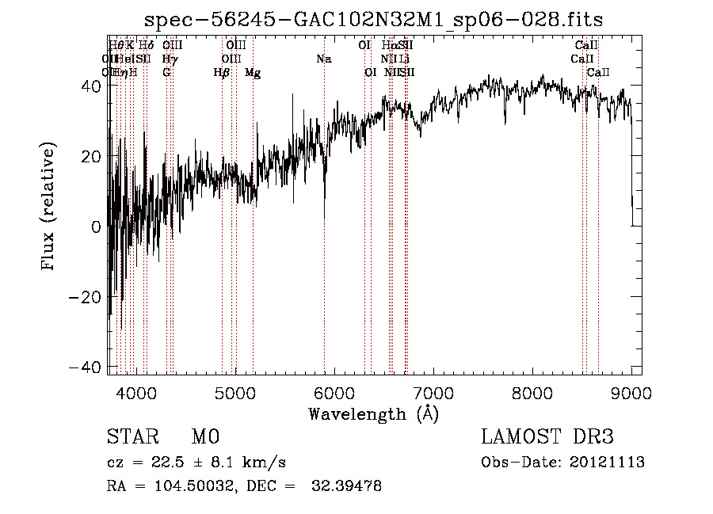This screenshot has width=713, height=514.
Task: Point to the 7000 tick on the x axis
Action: tap(433, 391)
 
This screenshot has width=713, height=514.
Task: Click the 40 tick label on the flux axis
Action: tap(92, 86)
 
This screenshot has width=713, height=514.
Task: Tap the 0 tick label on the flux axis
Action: tap(97, 227)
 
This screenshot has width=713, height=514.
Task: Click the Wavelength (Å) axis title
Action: tap(374, 413)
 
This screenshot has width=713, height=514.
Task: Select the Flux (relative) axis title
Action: tap(49, 208)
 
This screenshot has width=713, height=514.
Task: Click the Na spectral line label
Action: tap(323, 59)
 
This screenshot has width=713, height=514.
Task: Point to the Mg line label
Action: tap(253, 73)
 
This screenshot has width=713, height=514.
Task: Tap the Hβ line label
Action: tap(222, 73)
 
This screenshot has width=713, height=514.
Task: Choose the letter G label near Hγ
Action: tap(166, 73)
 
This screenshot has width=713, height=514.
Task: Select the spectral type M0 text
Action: tap(205, 436)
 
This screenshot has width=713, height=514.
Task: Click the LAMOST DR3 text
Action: tap(547, 436)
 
